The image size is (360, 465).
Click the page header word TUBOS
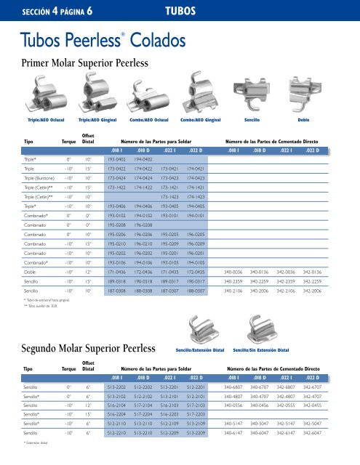(x=180, y=12)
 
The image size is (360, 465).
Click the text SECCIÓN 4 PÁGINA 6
(x=50, y=12)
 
